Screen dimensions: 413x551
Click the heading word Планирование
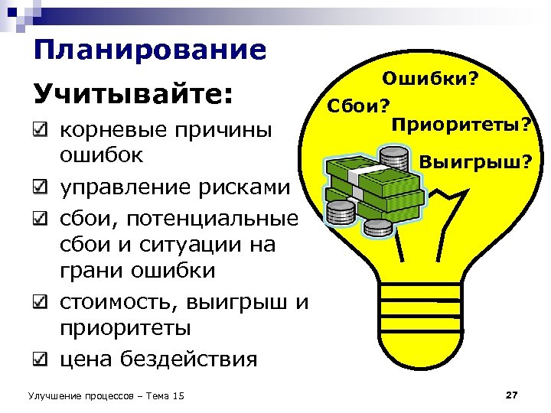(x=150, y=50)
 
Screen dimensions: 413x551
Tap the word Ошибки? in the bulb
(x=431, y=78)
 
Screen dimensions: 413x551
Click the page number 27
(x=512, y=395)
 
